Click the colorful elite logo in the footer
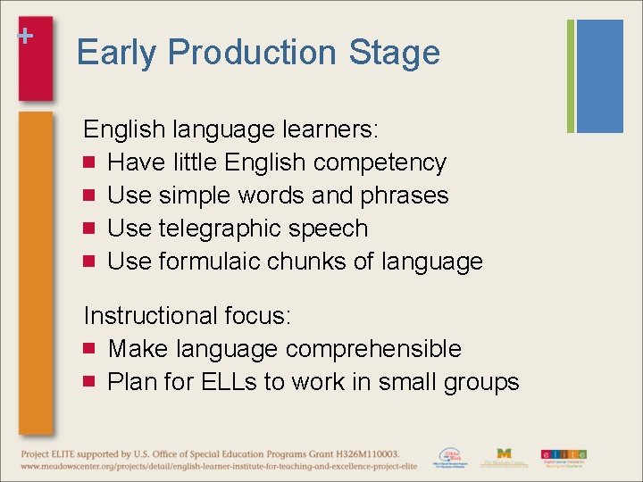coord(564,455)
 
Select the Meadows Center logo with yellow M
coord(505,457)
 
